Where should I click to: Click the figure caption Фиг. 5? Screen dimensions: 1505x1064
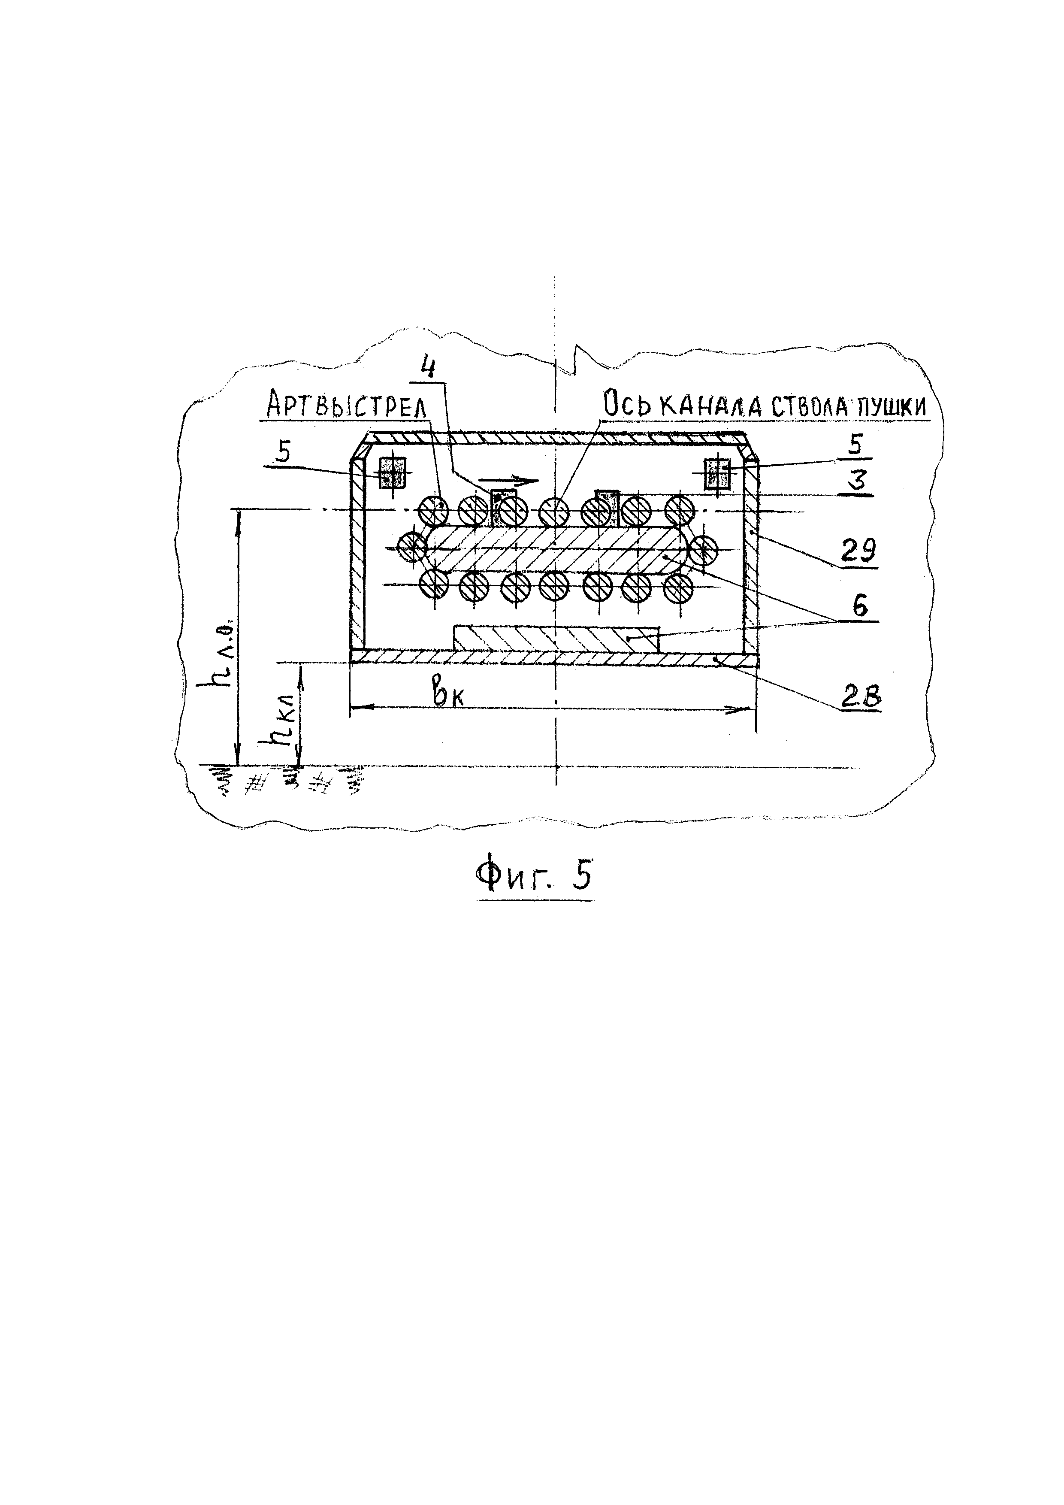(x=534, y=876)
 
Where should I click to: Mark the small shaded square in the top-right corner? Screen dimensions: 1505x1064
(x=717, y=473)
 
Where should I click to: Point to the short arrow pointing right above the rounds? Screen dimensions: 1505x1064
(x=512, y=480)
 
